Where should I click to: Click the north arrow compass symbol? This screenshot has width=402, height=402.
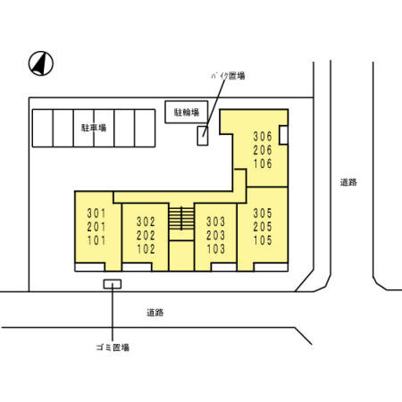click(x=41, y=63)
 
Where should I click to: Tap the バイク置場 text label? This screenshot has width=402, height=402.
click(x=228, y=76)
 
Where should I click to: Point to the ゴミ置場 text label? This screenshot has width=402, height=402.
click(x=113, y=347)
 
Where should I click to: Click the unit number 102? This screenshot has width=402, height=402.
click(x=146, y=249)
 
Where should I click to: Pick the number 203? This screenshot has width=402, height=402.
click(x=214, y=235)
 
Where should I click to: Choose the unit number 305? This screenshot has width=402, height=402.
click(x=262, y=214)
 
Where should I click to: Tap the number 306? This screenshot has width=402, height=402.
click(x=262, y=136)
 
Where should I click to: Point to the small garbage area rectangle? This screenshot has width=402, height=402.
click(x=113, y=284)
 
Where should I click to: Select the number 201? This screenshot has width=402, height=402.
click(x=96, y=227)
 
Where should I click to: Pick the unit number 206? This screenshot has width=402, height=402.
click(x=262, y=150)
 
